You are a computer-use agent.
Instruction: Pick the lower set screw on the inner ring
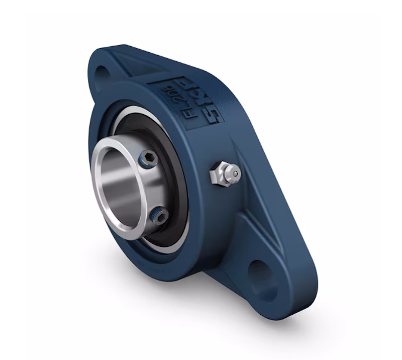pos(159,216)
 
